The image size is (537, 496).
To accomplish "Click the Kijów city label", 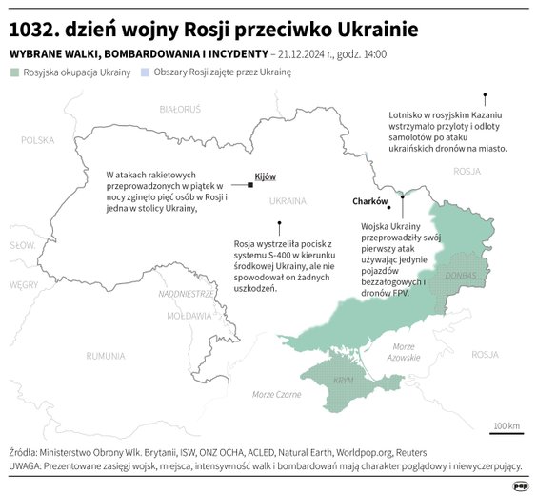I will [x=266, y=176].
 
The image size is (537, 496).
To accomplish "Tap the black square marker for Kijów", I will [x=249, y=184].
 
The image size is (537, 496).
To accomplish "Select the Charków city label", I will [x=370, y=202].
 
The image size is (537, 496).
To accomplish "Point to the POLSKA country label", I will [x=39, y=140].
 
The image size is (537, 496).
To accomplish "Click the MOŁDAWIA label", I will [x=189, y=315].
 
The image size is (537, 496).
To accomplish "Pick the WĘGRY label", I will [x=24, y=284].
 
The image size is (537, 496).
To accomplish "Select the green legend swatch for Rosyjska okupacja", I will [x=13, y=72].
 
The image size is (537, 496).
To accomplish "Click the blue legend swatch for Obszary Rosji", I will [x=145, y=72].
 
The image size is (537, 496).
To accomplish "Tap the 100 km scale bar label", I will [x=507, y=425].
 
